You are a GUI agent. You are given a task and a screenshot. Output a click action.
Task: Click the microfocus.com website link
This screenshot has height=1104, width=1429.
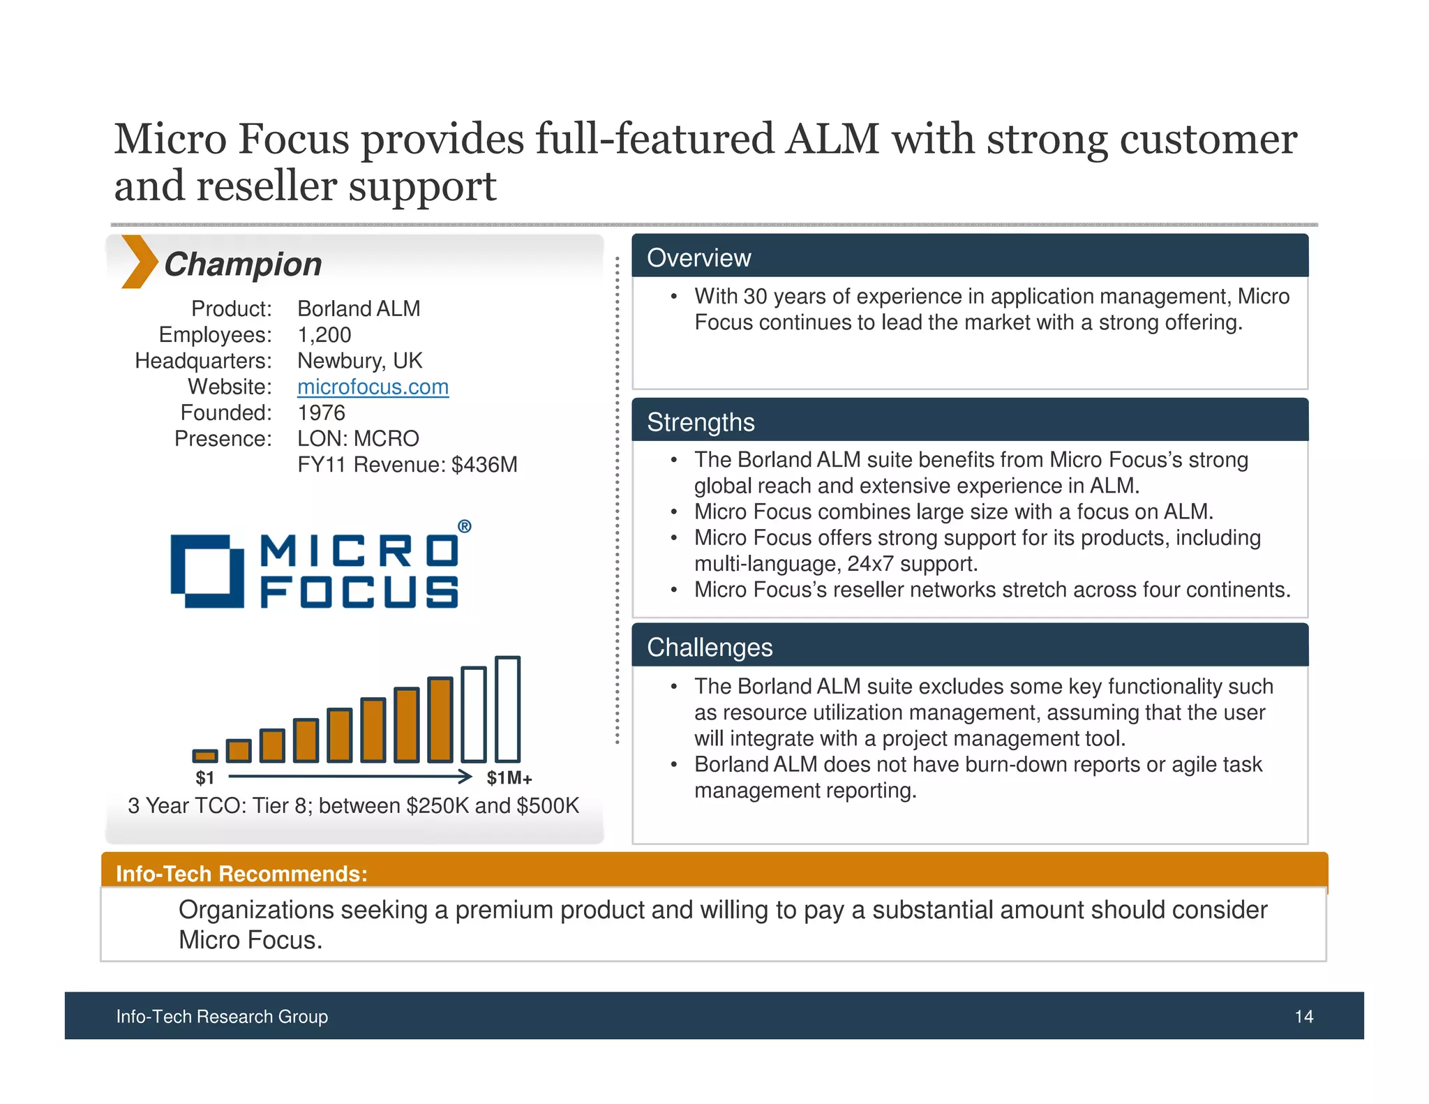373,387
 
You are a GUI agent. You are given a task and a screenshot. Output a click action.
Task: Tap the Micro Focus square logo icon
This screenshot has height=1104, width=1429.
207,571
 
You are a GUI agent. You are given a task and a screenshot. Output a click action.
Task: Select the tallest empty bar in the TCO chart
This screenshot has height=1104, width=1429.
507,709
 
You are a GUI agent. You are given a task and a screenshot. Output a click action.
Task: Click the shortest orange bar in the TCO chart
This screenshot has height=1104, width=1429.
204,756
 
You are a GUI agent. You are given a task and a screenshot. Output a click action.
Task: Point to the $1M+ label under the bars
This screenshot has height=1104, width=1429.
509,778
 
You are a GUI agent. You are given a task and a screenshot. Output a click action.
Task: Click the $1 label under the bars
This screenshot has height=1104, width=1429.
204,777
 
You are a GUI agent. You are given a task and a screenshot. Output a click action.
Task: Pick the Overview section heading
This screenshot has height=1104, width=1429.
698,258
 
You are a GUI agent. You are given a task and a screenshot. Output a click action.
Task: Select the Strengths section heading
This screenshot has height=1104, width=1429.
701,422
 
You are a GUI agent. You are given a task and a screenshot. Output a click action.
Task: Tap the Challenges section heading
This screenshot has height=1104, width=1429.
710,648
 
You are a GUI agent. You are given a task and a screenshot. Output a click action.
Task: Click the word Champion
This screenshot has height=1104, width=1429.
243,264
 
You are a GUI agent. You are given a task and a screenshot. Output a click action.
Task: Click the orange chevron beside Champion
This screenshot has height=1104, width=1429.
138,262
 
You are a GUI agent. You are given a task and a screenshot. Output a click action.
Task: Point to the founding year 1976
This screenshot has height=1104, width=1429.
321,412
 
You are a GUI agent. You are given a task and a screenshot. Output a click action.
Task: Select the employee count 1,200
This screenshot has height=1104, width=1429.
324,335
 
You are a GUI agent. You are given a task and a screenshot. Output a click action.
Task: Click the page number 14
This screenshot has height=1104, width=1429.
1303,1017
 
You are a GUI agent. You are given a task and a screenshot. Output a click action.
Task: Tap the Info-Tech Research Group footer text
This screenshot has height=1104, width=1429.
222,1017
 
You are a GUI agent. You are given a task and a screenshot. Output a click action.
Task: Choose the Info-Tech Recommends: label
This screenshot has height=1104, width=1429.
241,874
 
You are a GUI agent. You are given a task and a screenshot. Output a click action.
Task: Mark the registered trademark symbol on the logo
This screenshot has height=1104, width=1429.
464,527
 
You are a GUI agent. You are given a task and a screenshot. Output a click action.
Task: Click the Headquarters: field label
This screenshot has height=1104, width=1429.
203,361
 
